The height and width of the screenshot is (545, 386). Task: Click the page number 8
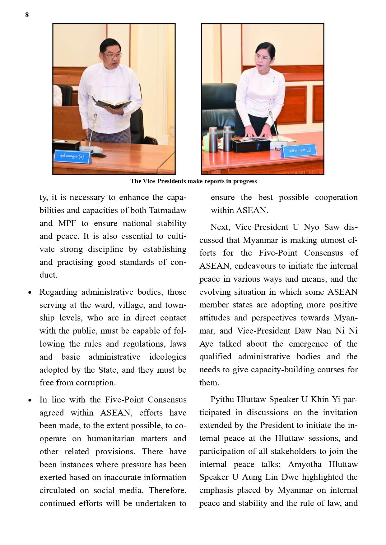27,15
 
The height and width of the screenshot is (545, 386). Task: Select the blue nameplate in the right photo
300,151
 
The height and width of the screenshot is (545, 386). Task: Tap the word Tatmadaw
168,211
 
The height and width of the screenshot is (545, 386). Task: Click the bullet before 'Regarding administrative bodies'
30,293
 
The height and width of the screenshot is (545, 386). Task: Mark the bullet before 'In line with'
30,400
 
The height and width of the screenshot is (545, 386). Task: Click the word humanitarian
111,439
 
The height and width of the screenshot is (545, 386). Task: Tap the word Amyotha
305,465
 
